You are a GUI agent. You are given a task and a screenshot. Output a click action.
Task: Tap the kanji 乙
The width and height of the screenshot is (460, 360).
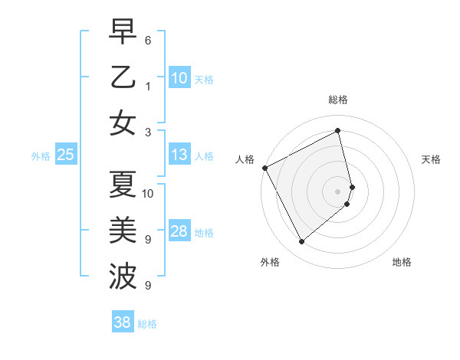point(123,77)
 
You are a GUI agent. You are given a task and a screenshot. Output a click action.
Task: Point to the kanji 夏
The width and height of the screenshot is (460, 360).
point(123,184)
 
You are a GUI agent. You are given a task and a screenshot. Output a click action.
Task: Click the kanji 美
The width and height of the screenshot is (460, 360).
point(123,229)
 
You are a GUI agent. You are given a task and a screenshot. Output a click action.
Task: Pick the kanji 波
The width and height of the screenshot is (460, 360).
point(123,274)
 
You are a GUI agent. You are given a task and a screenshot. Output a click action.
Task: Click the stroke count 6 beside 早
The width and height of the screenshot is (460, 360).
point(148,38)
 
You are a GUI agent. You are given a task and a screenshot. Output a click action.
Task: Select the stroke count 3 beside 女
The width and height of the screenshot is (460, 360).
point(148,132)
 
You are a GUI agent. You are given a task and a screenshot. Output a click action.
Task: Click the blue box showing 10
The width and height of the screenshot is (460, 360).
point(179,77)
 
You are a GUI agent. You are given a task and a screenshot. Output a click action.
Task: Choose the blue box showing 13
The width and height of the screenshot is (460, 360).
point(179,155)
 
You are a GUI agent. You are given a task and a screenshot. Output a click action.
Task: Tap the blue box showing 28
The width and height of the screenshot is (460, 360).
point(179,231)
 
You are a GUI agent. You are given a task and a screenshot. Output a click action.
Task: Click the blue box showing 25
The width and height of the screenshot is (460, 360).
point(65,155)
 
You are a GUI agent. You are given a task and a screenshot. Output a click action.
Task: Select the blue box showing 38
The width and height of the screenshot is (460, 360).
point(122,322)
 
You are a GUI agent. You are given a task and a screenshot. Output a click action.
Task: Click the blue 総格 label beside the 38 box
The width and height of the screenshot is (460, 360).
point(147,324)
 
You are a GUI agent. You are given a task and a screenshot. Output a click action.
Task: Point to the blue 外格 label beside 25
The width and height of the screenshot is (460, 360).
point(41,156)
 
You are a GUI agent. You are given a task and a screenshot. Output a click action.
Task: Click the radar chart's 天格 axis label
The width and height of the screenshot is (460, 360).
point(431,159)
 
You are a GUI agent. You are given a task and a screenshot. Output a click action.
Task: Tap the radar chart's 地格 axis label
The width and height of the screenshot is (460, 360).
point(402,262)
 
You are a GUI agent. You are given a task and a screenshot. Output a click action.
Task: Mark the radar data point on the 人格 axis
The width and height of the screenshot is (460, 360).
point(264,167)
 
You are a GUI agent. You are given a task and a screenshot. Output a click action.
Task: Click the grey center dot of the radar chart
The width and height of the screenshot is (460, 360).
point(338,191)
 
